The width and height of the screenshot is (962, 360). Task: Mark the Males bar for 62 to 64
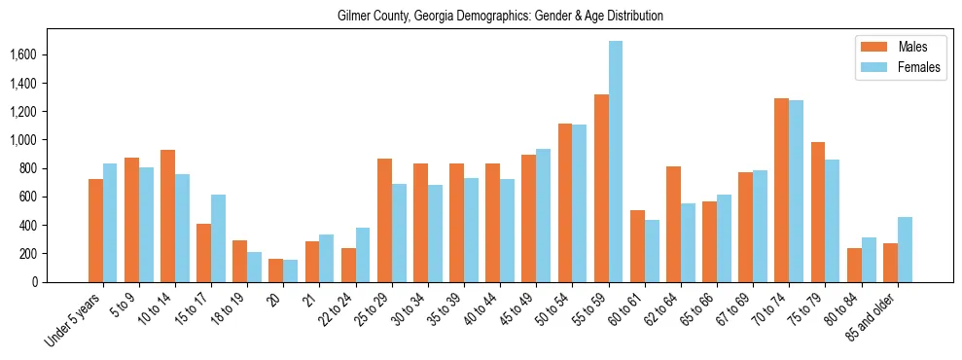coord(673,224)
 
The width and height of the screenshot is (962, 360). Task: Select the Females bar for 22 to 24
coord(363,255)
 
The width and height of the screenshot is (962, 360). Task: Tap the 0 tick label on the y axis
coord(63,282)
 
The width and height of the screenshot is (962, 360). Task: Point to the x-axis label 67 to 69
coord(738,306)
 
